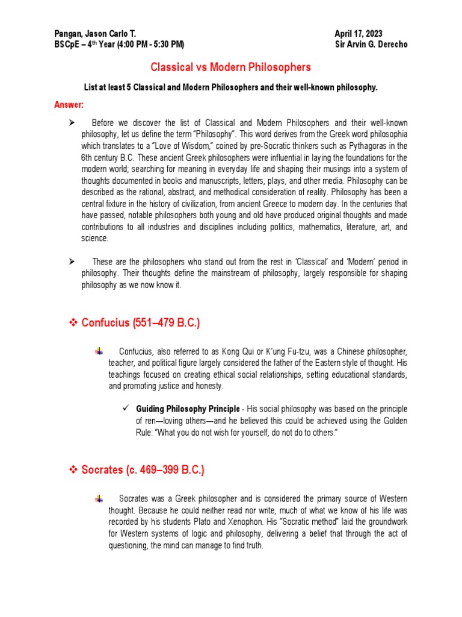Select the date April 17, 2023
coord(359,34)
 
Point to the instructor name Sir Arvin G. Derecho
coord(371,45)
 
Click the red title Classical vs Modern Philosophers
coord(231,67)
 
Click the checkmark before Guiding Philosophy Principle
coord(126,409)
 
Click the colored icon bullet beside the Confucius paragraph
coord(100,351)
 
